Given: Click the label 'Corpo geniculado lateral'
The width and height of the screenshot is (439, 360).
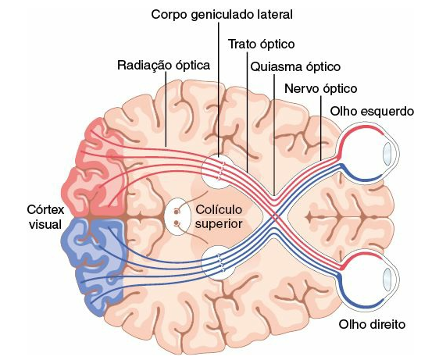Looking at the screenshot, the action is [222, 15].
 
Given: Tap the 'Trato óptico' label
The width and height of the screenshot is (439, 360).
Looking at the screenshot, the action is [261, 45].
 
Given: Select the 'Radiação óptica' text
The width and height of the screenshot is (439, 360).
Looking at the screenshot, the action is [163, 66].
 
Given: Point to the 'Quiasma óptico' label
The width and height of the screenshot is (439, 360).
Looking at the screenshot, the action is [295, 67].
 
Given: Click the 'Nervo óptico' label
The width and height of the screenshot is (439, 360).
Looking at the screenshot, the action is [321, 89].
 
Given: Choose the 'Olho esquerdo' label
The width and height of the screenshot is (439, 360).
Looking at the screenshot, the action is [372, 111].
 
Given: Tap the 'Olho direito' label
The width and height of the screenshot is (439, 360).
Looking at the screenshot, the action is [372, 324].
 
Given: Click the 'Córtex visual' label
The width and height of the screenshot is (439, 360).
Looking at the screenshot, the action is [45, 217].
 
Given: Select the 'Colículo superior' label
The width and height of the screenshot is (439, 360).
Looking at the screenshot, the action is [219, 216].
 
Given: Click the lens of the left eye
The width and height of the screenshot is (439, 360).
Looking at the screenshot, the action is [387, 154].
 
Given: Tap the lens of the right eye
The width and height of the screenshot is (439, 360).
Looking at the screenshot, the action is [387, 280].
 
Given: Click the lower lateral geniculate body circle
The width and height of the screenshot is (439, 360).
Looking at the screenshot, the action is [219, 263].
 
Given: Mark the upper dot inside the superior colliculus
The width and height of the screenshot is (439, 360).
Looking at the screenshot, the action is [177, 212].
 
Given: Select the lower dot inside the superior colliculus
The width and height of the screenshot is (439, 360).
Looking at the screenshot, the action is [177, 223].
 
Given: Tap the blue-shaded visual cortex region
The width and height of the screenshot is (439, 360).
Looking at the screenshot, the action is [94, 266].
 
